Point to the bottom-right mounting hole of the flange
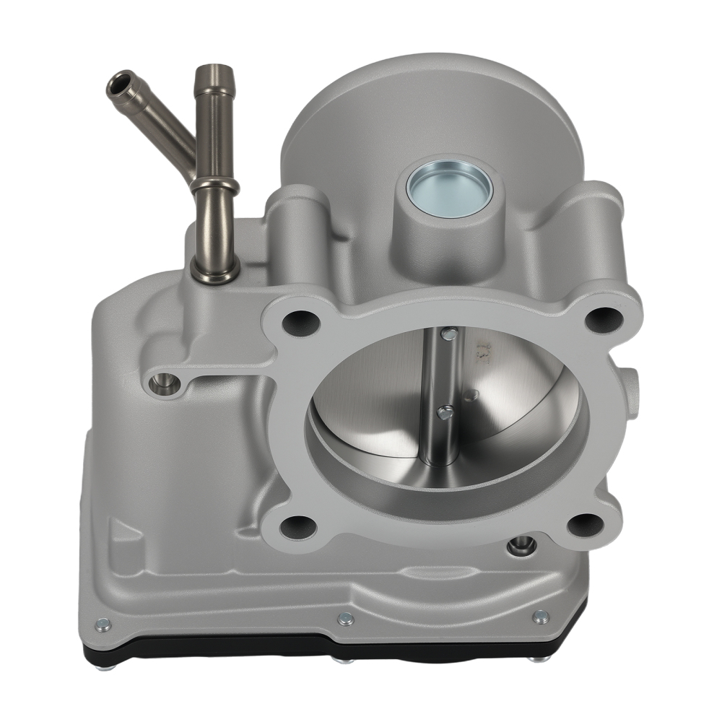[586, 524]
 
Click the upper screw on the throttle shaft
[448, 334]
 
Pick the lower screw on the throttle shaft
[445, 412]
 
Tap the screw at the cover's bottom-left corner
[103, 625]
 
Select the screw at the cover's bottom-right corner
[539, 617]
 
